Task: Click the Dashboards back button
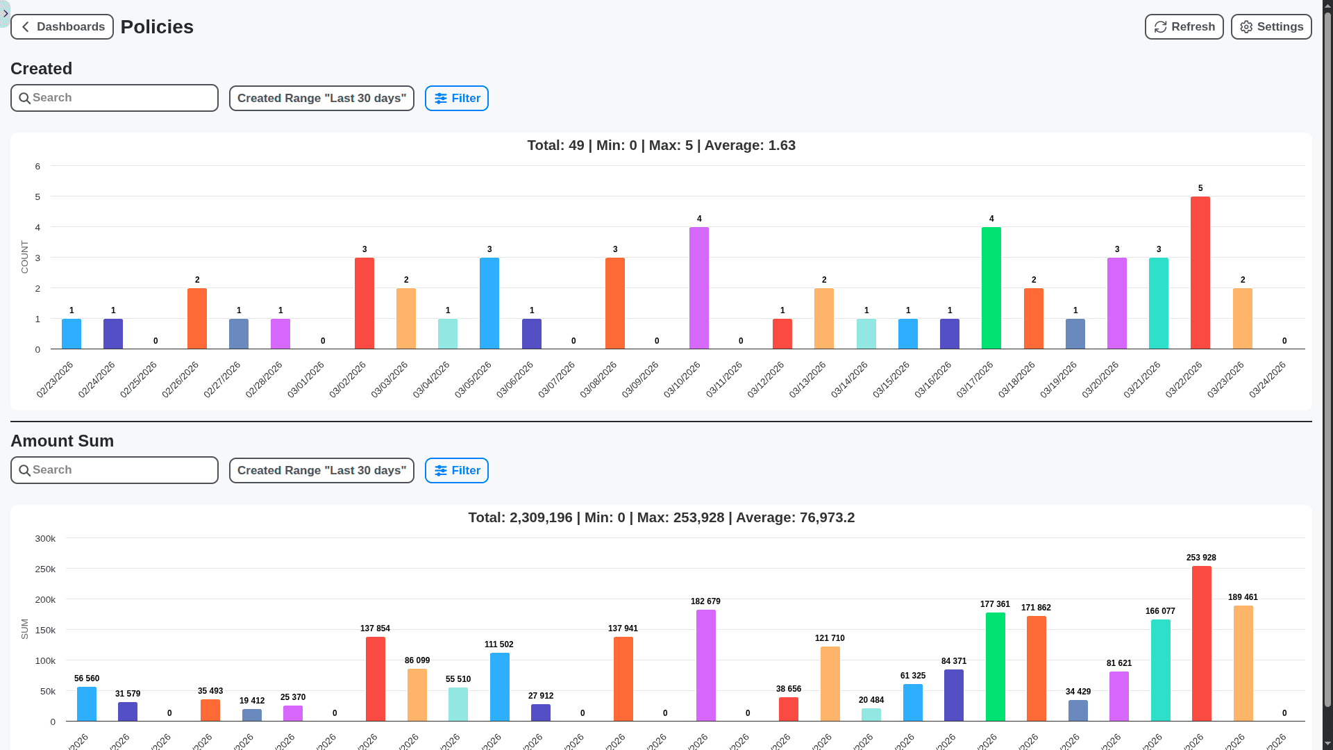62,27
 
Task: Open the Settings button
1271,27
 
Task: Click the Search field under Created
115,98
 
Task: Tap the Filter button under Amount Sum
456,471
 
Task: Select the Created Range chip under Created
321,99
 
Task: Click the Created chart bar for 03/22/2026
1200,273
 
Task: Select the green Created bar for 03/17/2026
991,288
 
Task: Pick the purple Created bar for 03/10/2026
698,288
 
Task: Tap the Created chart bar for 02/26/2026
197,319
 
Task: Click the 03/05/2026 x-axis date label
473,379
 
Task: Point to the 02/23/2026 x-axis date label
55,379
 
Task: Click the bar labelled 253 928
1201,644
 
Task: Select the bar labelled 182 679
705,665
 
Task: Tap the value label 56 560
87,678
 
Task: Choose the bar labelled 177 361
995,667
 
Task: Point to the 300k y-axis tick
45,539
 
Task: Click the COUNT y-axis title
25,258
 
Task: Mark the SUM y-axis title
25,629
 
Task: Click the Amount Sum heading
62,441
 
